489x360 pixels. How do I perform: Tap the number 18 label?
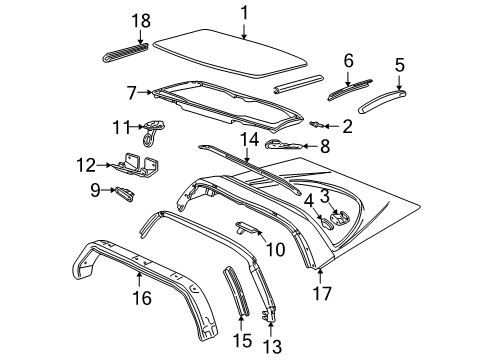point(141,20)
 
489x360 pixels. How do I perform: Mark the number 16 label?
point(139,296)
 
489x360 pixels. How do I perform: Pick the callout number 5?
point(399,65)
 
